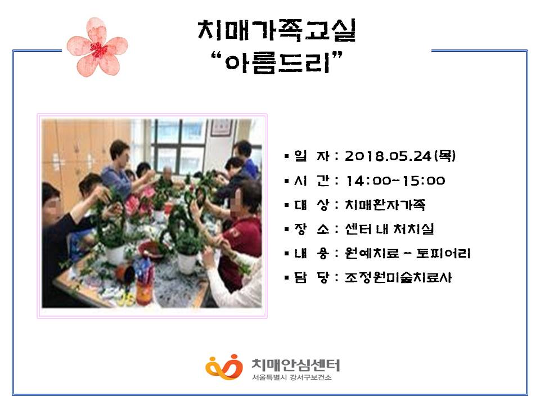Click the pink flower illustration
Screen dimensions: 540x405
tap(97, 47)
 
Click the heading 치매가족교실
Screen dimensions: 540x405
tap(277, 30)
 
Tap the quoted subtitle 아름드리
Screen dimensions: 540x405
tap(277, 62)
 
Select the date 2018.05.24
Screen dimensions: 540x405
tap(388, 156)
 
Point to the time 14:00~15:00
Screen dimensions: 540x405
tap(395, 181)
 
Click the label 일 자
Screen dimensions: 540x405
tap(312, 156)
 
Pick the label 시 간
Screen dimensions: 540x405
tap(312, 181)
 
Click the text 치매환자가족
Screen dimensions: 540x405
tap(385, 205)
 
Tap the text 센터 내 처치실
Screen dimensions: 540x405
tap(389, 229)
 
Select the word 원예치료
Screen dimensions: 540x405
tap(372, 254)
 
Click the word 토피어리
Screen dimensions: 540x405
tap(443, 254)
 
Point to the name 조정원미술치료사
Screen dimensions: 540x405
tap(398, 277)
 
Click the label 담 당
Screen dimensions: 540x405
tap(312, 277)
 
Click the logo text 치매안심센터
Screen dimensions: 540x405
tap(295, 364)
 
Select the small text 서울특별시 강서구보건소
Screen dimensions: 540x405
tap(292, 377)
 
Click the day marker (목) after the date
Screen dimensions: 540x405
tap(445, 156)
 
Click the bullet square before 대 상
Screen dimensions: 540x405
tap(286, 206)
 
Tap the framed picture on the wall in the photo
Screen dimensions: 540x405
tap(222, 128)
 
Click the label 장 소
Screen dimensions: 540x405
tap(312, 229)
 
